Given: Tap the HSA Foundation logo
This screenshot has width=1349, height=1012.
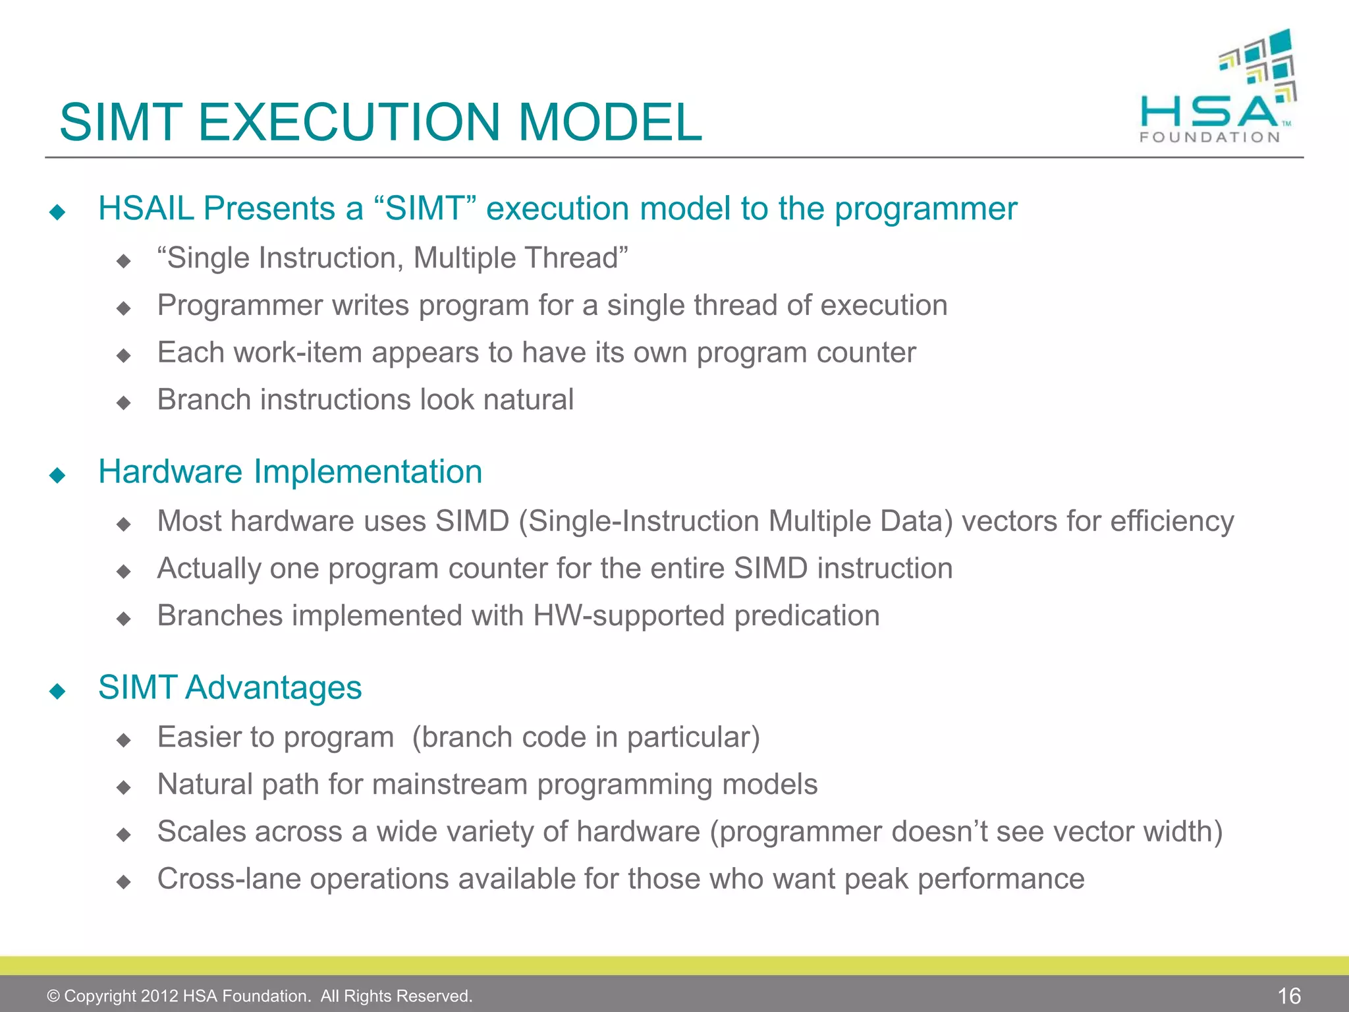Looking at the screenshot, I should (1219, 89).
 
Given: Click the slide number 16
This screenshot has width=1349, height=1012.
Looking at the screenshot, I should (1289, 996).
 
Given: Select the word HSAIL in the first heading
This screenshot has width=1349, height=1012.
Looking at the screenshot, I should (146, 209).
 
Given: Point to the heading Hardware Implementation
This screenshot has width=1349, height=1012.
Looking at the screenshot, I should (290, 472).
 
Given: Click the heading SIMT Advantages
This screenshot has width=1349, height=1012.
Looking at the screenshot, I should (230, 688).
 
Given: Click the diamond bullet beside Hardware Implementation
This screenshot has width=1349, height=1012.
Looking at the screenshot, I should (57, 475).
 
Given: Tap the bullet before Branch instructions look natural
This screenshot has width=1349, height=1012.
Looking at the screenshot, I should (123, 403).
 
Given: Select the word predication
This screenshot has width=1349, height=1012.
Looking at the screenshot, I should (807, 616).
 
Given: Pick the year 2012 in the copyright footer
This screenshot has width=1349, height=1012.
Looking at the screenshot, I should (159, 996).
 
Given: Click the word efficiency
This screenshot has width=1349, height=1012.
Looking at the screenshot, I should (1172, 521).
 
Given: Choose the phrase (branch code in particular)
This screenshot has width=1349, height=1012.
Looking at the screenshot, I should (586, 737).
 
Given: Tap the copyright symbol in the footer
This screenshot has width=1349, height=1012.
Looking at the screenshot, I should (53, 996).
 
